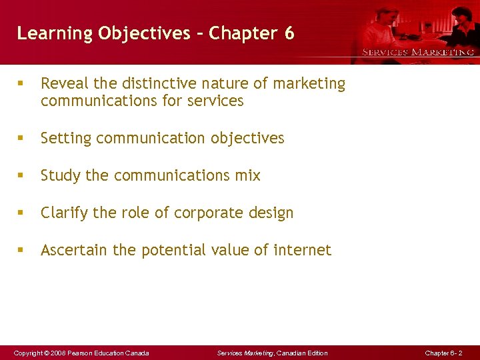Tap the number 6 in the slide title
coord(289,33)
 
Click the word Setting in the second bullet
coord(65,139)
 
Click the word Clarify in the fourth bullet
coord(65,213)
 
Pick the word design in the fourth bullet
coord(271,213)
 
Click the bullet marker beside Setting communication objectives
coord(21,139)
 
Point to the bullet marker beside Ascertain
coord(21,251)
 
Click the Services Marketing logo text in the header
coord(417,52)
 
